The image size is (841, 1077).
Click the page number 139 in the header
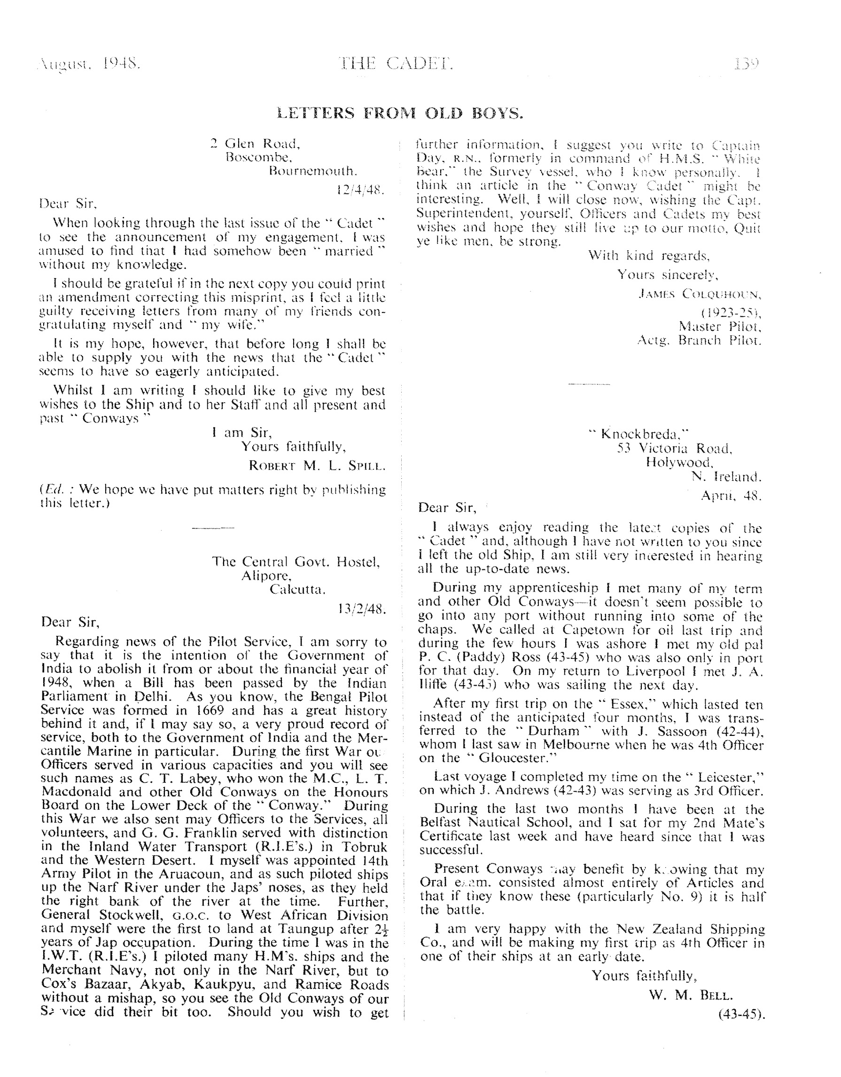(747, 64)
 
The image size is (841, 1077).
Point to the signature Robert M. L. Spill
(317, 466)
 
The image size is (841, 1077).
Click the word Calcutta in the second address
(297, 589)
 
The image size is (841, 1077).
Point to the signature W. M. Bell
(691, 995)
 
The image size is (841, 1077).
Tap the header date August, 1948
(89, 64)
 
